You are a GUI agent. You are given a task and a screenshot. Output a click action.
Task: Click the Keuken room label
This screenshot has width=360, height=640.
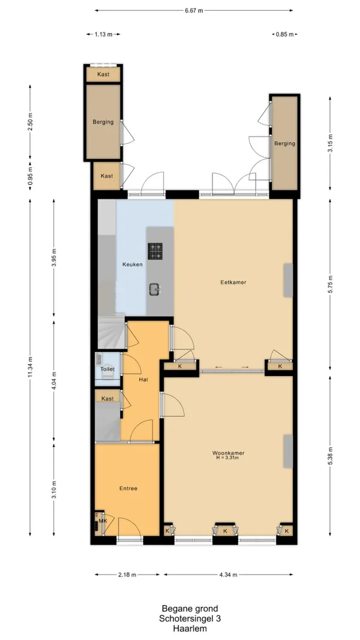(x=133, y=265)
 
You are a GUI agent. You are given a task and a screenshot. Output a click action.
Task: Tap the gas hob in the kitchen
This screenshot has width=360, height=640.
(x=155, y=251)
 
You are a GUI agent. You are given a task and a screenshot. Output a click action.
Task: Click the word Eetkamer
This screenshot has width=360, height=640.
(x=233, y=282)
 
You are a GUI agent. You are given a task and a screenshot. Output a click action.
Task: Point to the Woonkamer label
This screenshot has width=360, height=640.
(x=228, y=453)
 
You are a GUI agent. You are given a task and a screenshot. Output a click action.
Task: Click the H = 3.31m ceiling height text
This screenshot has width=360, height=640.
(x=228, y=458)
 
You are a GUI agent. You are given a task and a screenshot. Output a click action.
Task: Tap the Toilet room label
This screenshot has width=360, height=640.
(x=108, y=369)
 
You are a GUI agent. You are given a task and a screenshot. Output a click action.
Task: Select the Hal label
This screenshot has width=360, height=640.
(x=143, y=380)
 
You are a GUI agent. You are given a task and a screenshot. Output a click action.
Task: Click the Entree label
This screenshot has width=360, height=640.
(x=128, y=488)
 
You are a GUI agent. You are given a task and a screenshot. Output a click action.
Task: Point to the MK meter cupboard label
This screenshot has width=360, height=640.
(x=102, y=522)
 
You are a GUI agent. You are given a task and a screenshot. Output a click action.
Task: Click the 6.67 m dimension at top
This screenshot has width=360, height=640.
(x=194, y=11)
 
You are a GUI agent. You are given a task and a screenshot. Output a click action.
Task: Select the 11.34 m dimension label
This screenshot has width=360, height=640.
(x=30, y=367)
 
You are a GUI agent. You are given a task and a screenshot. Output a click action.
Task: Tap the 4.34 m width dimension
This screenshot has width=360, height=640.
(x=229, y=575)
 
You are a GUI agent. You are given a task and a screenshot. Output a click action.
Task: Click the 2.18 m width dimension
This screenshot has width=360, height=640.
(x=127, y=575)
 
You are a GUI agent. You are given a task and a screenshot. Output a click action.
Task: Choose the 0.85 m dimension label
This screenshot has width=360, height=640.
(x=285, y=35)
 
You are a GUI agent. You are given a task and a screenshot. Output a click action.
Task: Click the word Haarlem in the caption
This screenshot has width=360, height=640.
(x=190, y=629)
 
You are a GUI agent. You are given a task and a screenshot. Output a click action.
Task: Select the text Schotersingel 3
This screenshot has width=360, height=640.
(x=190, y=619)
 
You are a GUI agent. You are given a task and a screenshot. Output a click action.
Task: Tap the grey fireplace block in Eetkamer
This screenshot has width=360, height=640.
(x=288, y=280)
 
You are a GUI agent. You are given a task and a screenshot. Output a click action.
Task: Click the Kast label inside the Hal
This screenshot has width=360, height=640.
(x=107, y=398)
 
